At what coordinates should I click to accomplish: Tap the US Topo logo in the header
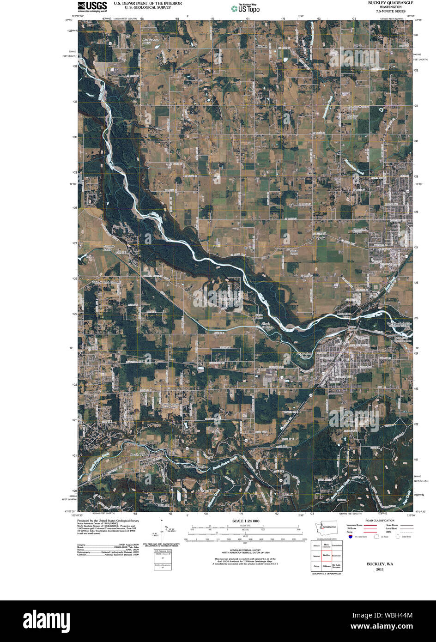click(245, 8)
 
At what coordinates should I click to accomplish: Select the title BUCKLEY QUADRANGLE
click(390, 3)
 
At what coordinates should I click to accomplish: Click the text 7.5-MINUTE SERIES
click(390, 12)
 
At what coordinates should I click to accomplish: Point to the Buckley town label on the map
click(346, 359)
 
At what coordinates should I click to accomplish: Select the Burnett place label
click(287, 494)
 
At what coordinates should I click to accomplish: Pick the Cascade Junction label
click(196, 466)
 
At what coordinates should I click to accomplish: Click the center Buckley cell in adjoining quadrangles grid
click(327, 555)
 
